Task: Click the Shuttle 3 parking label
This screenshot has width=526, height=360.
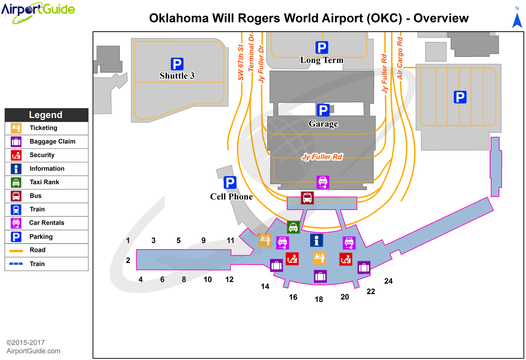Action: tap(177, 76)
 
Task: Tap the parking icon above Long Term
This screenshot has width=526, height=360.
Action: tap(322, 48)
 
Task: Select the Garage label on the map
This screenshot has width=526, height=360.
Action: tap(323, 124)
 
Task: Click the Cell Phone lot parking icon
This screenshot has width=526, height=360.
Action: tap(230, 183)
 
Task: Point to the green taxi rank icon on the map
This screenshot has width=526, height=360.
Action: tap(293, 227)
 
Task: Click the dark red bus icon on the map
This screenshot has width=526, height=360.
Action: tap(307, 198)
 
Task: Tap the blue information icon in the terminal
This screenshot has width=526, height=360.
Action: tap(316, 240)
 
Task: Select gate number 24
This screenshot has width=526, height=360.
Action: tap(388, 281)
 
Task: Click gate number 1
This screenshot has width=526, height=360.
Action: tap(128, 241)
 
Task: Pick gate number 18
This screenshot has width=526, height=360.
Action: tap(319, 299)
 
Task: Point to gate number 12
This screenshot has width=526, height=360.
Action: tap(230, 280)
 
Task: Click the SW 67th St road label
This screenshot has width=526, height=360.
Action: tap(241, 62)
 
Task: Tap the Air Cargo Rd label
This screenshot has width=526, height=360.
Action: tap(400, 58)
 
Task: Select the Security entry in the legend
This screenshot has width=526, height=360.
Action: tap(42, 155)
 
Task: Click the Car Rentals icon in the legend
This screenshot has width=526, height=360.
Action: tap(16, 223)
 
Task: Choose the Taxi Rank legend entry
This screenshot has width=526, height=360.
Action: tap(44, 182)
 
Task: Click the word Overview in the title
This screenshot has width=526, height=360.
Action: tap(441, 18)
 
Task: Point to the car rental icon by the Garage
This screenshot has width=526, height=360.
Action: tap(323, 182)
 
